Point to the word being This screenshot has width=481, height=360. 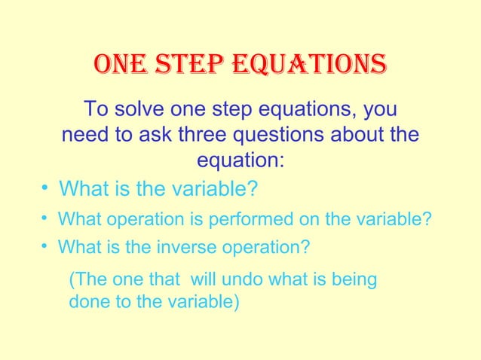(x=357, y=280)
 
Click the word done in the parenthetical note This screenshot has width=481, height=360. (x=85, y=304)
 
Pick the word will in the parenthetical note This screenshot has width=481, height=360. (x=204, y=280)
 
